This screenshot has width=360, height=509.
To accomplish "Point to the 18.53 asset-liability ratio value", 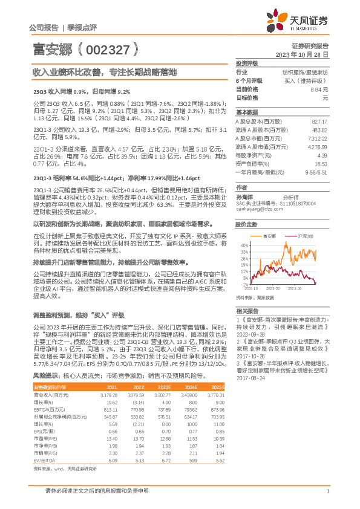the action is [x=321, y=163].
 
